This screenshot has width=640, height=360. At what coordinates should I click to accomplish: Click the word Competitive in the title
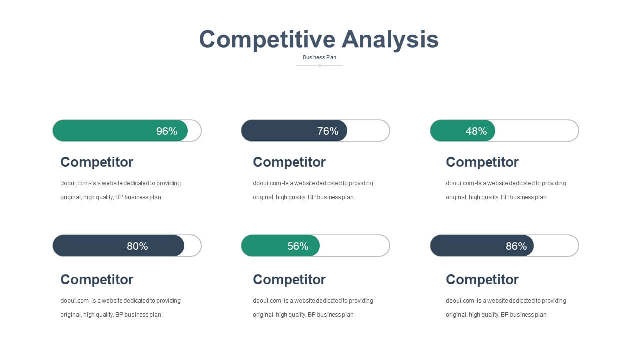tap(267, 39)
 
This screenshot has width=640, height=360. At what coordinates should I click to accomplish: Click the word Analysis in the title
tap(390, 39)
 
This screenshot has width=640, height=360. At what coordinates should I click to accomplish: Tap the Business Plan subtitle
tap(319, 57)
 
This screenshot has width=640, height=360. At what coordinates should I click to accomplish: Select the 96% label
tap(167, 131)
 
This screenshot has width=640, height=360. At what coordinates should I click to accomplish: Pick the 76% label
tap(328, 131)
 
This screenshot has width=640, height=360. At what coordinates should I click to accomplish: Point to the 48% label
tap(476, 131)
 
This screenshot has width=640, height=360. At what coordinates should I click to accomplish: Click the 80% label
tap(137, 246)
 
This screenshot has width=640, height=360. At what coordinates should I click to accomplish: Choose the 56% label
tap(298, 246)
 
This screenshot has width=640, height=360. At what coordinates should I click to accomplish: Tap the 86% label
tap(516, 246)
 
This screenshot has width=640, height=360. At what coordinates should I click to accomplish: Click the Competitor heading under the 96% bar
tap(97, 162)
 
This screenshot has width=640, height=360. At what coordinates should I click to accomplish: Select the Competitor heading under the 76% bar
tap(289, 162)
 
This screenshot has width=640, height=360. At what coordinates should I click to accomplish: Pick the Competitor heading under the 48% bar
tap(482, 162)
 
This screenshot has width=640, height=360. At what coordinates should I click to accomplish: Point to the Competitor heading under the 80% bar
tap(97, 279)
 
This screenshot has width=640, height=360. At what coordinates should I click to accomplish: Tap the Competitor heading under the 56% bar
tap(289, 279)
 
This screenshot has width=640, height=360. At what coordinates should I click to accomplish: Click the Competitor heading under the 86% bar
tap(482, 279)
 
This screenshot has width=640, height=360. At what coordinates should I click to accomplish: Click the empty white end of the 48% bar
tap(537, 131)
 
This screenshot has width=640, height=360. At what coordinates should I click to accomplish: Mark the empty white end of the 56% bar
tap(355, 245)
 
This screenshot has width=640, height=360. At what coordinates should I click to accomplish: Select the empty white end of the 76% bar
tap(368, 131)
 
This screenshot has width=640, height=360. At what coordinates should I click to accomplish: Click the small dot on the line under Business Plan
tap(320, 65)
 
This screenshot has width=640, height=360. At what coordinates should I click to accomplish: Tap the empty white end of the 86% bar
tap(556, 245)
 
